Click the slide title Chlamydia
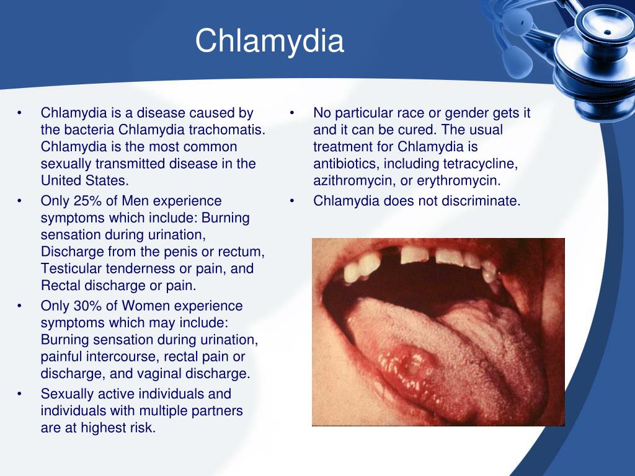click(269, 41)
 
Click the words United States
click(84, 180)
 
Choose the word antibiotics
click(346, 164)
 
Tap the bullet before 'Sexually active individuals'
click(20, 394)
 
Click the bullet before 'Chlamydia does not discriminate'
click(291, 201)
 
